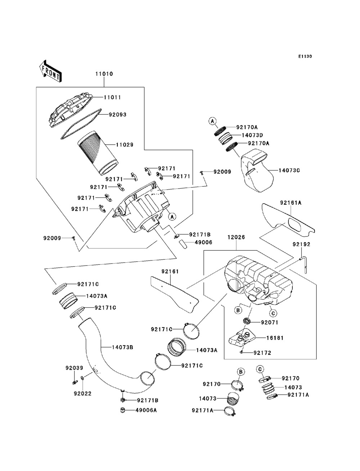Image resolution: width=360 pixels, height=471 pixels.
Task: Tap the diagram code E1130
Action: coord(305,56)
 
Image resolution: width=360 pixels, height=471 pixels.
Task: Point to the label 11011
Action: coord(112,98)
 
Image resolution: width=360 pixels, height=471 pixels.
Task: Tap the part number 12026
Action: coord(236,237)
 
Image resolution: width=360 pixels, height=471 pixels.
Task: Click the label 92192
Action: coord(301,244)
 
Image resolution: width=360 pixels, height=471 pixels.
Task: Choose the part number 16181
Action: coord(275,338)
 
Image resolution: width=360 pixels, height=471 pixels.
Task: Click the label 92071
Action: coord(270,322)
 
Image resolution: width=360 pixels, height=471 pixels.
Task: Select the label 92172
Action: coord(262,353)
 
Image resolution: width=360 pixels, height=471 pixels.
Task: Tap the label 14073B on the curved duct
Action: coord(122,347)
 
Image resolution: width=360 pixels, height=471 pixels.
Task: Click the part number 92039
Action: coord(74,368)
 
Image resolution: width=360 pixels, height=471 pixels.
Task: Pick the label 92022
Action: coord(83,393)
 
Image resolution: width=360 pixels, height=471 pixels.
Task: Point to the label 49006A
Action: coord(146,410)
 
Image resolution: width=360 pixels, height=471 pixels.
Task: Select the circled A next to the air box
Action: coord(172,216)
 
